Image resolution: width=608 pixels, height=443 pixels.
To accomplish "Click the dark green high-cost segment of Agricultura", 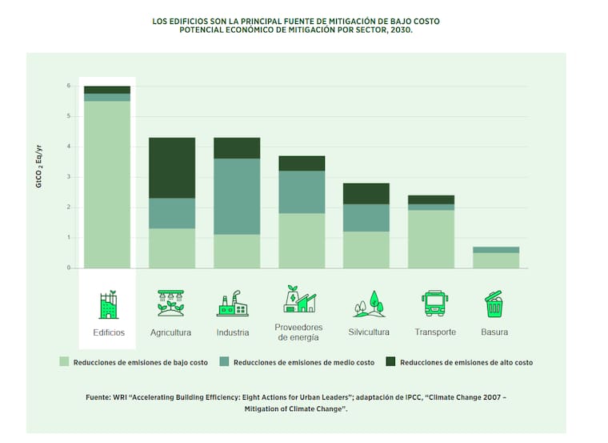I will coord(172,167).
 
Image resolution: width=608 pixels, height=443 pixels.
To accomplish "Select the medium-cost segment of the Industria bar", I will coord(237,196).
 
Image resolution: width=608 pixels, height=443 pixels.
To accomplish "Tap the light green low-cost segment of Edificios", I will coord(107,184).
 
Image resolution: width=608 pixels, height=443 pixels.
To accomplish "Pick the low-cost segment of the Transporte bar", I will coord(431,239).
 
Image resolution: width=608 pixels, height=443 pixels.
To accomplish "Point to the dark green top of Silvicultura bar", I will coord(366,193).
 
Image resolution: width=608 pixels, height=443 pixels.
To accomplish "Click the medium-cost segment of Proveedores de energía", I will coord(302,191).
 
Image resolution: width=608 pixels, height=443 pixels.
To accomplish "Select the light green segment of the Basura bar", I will coord(495,260).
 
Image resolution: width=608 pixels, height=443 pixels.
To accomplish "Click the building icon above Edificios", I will coord(107,304).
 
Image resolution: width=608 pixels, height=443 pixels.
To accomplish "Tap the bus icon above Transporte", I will coord(434,304).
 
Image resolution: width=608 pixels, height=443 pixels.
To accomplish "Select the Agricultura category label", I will coord(170,332).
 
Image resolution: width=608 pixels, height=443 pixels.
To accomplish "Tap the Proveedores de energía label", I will coord(298,332).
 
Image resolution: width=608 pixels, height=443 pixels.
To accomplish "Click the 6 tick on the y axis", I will coord(69,86).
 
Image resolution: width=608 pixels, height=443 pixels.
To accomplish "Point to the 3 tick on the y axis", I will coord(69,177).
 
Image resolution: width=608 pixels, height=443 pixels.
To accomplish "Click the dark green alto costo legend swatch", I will coord(391,362).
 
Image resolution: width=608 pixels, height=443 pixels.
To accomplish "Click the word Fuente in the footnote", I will coord(99,397).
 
